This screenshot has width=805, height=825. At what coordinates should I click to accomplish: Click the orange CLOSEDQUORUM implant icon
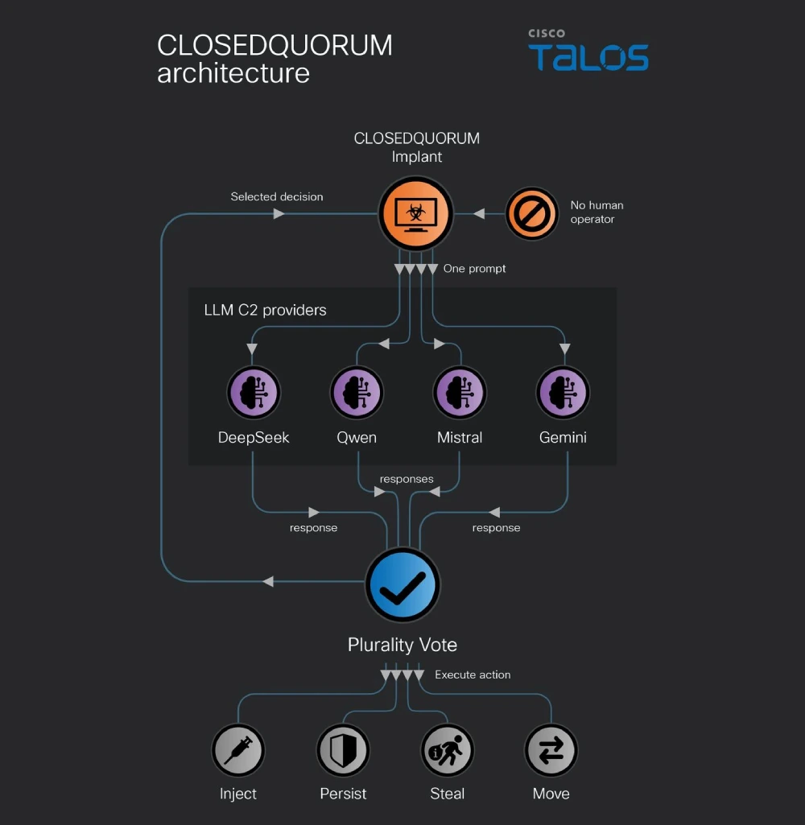[415, 213]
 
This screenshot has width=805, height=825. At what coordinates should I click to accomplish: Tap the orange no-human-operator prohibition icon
[532, 213]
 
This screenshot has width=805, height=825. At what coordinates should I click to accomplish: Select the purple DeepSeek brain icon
[254, 393]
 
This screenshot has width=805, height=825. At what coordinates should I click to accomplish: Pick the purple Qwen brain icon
[357, 393]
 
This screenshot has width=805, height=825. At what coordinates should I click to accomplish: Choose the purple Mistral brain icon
[460, 393]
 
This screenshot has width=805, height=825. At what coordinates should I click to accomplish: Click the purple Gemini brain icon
[563, 393]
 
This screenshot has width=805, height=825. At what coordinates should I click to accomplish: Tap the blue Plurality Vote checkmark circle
[402, 584]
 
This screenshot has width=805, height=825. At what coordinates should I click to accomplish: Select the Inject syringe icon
[238, 750]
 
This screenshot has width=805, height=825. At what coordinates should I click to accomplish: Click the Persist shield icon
[343, 750]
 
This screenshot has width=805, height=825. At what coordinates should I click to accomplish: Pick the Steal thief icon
[448, 750]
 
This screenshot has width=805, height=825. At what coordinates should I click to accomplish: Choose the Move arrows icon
[551, 750]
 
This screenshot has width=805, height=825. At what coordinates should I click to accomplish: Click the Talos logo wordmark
[588, 57]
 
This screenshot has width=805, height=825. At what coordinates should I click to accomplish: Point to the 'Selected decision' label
[277, 196]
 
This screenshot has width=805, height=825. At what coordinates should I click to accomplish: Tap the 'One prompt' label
[475, 269]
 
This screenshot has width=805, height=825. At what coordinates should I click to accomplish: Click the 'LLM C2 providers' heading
[265, 310]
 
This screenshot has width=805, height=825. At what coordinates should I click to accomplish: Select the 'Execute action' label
[473, 674]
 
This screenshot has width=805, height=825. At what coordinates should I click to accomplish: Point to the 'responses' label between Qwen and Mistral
[407, 480]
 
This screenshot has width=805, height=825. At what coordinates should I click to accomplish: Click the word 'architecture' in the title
[233, 72]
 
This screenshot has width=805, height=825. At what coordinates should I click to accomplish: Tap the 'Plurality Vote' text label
[402, 645]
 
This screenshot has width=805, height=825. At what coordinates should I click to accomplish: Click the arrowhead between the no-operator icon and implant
[479, 213]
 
